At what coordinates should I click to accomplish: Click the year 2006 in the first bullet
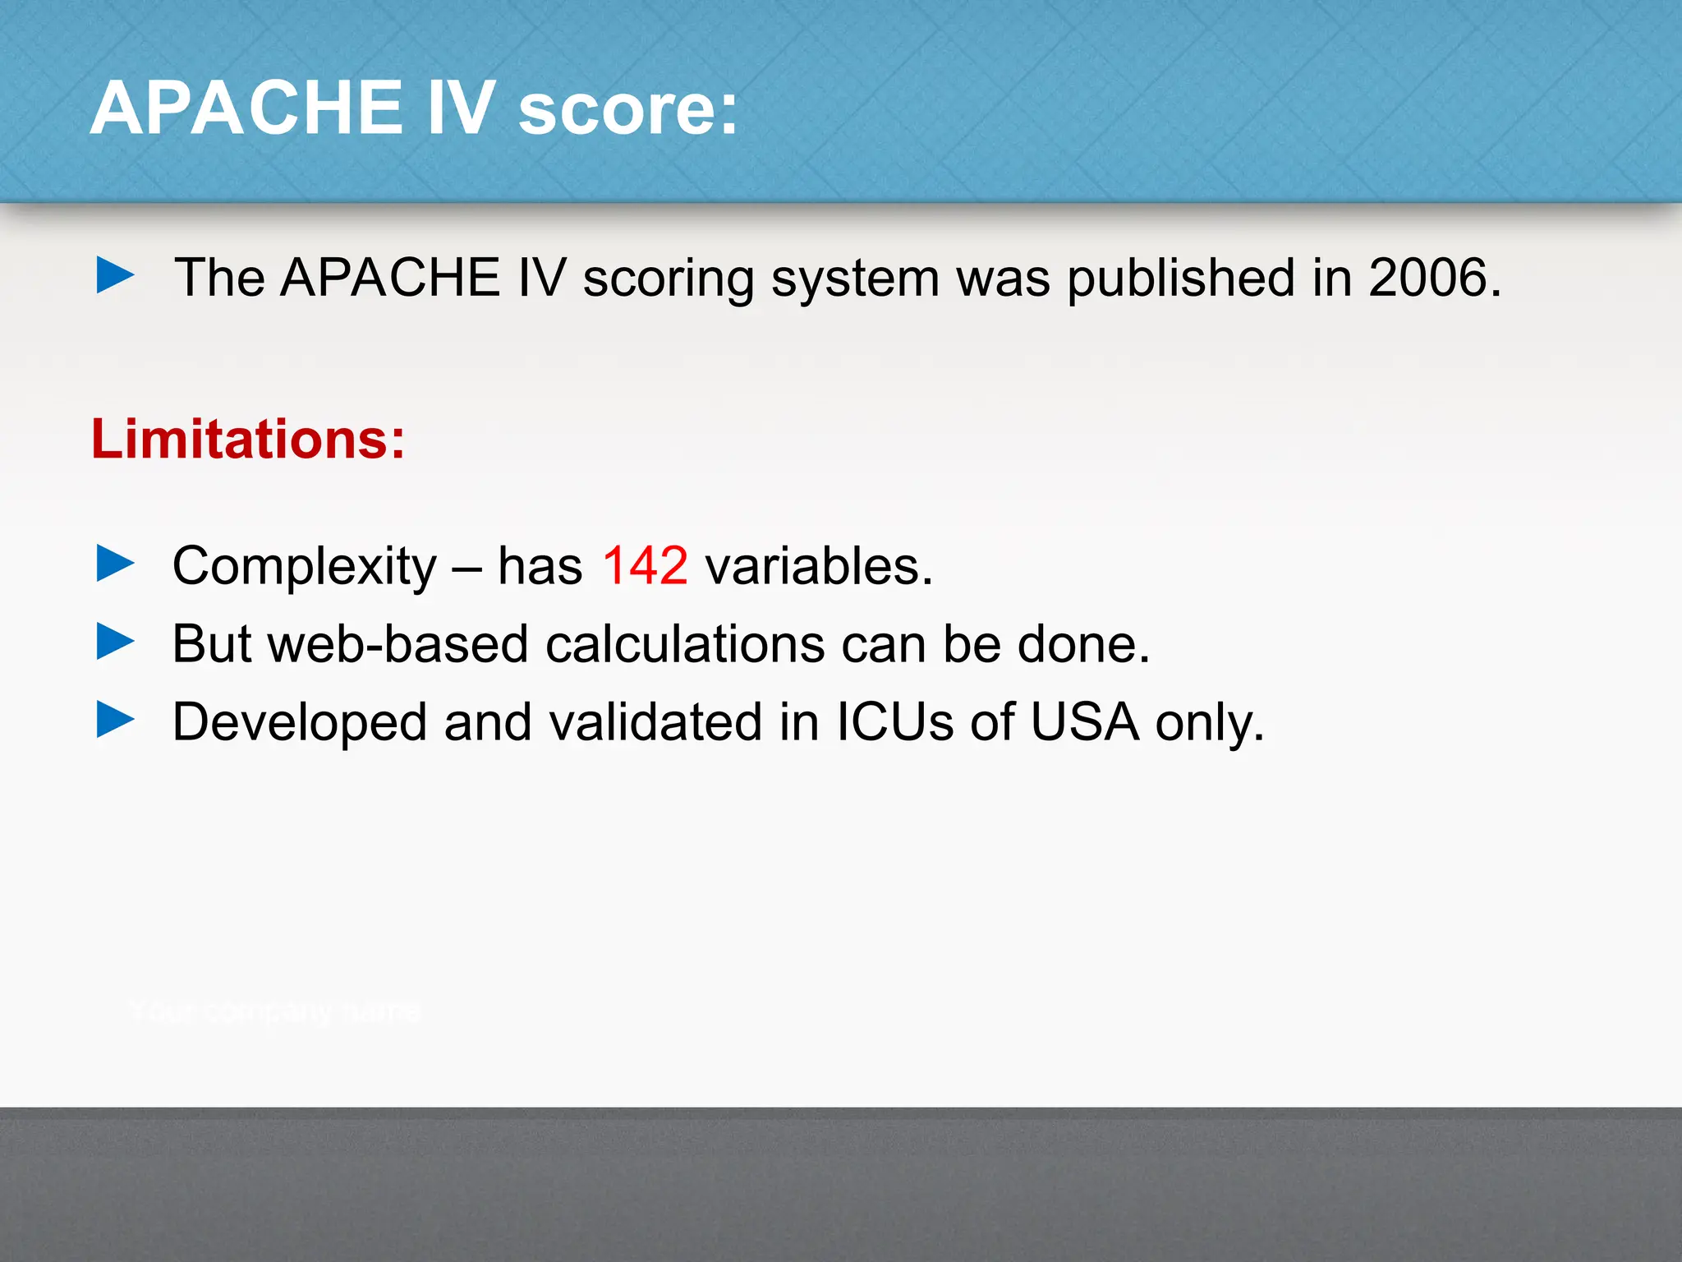pos(1429,278)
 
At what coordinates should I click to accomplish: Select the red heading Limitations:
pos(248,440)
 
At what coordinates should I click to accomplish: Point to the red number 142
pos(645,566)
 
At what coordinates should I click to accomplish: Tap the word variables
pos(819,566)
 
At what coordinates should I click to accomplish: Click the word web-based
pos(398,643)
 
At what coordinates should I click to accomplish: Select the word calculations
pos(685,643)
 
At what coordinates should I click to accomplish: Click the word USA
pos(1084,722)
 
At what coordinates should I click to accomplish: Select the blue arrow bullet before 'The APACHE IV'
pos(115,275)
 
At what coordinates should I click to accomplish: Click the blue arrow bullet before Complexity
pos(115,564)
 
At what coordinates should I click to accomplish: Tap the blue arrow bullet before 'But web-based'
pos(115,642)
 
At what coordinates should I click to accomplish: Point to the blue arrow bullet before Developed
pos(115,720)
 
